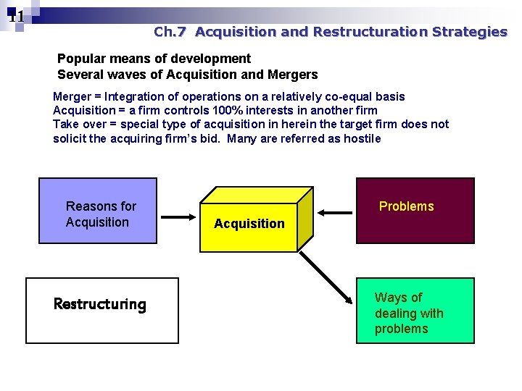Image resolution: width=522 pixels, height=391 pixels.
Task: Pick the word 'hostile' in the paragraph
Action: point(362,138)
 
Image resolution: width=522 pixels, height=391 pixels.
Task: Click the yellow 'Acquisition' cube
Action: point(249,221)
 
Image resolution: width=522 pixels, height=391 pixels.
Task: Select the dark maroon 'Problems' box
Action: point(415,210)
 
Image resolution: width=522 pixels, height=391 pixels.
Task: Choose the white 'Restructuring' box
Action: point(101,310)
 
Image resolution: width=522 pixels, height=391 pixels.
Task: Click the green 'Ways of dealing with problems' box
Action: point(415,311)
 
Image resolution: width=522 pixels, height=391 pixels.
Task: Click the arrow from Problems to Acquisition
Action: point(334,212)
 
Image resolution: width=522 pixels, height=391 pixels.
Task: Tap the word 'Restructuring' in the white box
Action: point(99,304)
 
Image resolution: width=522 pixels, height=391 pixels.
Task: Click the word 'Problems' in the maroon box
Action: point(406,206)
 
